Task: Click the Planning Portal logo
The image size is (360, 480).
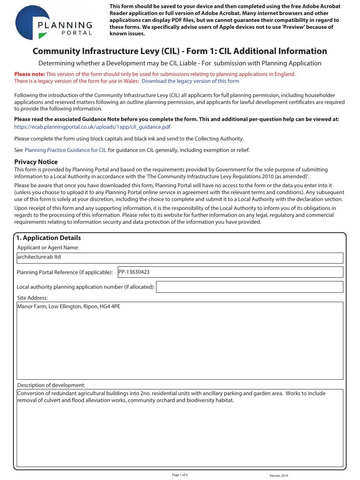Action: pyautogui.click(x=54, y=23)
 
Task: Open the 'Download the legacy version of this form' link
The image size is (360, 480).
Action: pyautogui.click(x=190, y=81)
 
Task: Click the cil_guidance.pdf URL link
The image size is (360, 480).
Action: pyautogui.click(x=92, y=127)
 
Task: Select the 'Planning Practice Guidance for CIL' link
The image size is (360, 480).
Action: pyautogui.click(x=65, y=150)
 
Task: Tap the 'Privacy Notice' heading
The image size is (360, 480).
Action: pyautogui.click(x=36, y=162)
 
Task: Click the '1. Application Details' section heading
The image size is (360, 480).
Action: pyautogui.click(x=48, y=238)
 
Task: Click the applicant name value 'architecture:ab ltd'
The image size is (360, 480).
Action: pyautogui.click(x=39, y=257)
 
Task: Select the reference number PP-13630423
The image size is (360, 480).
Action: pyautogui.click(x=134, y=272)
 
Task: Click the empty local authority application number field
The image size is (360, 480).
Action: pyautogui.click(x=249, y=287)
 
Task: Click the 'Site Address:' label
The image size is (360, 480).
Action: pyautogui.click(x=33, y=298)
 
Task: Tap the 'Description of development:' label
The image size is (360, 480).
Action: pyautogui.click(x=51, y=385)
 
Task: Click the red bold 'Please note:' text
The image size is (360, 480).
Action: pyautogui.click(x=30, y=74)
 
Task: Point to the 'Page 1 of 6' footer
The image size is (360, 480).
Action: pyautogui.click(x=180, y=475)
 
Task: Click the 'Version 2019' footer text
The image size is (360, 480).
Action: pyautogui.click(x=278, y=476)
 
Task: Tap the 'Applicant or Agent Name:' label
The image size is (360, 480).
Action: pyautogui.click(x=48, y=248)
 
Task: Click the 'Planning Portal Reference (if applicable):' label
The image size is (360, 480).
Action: pyautogui.click(x=65, y=272)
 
